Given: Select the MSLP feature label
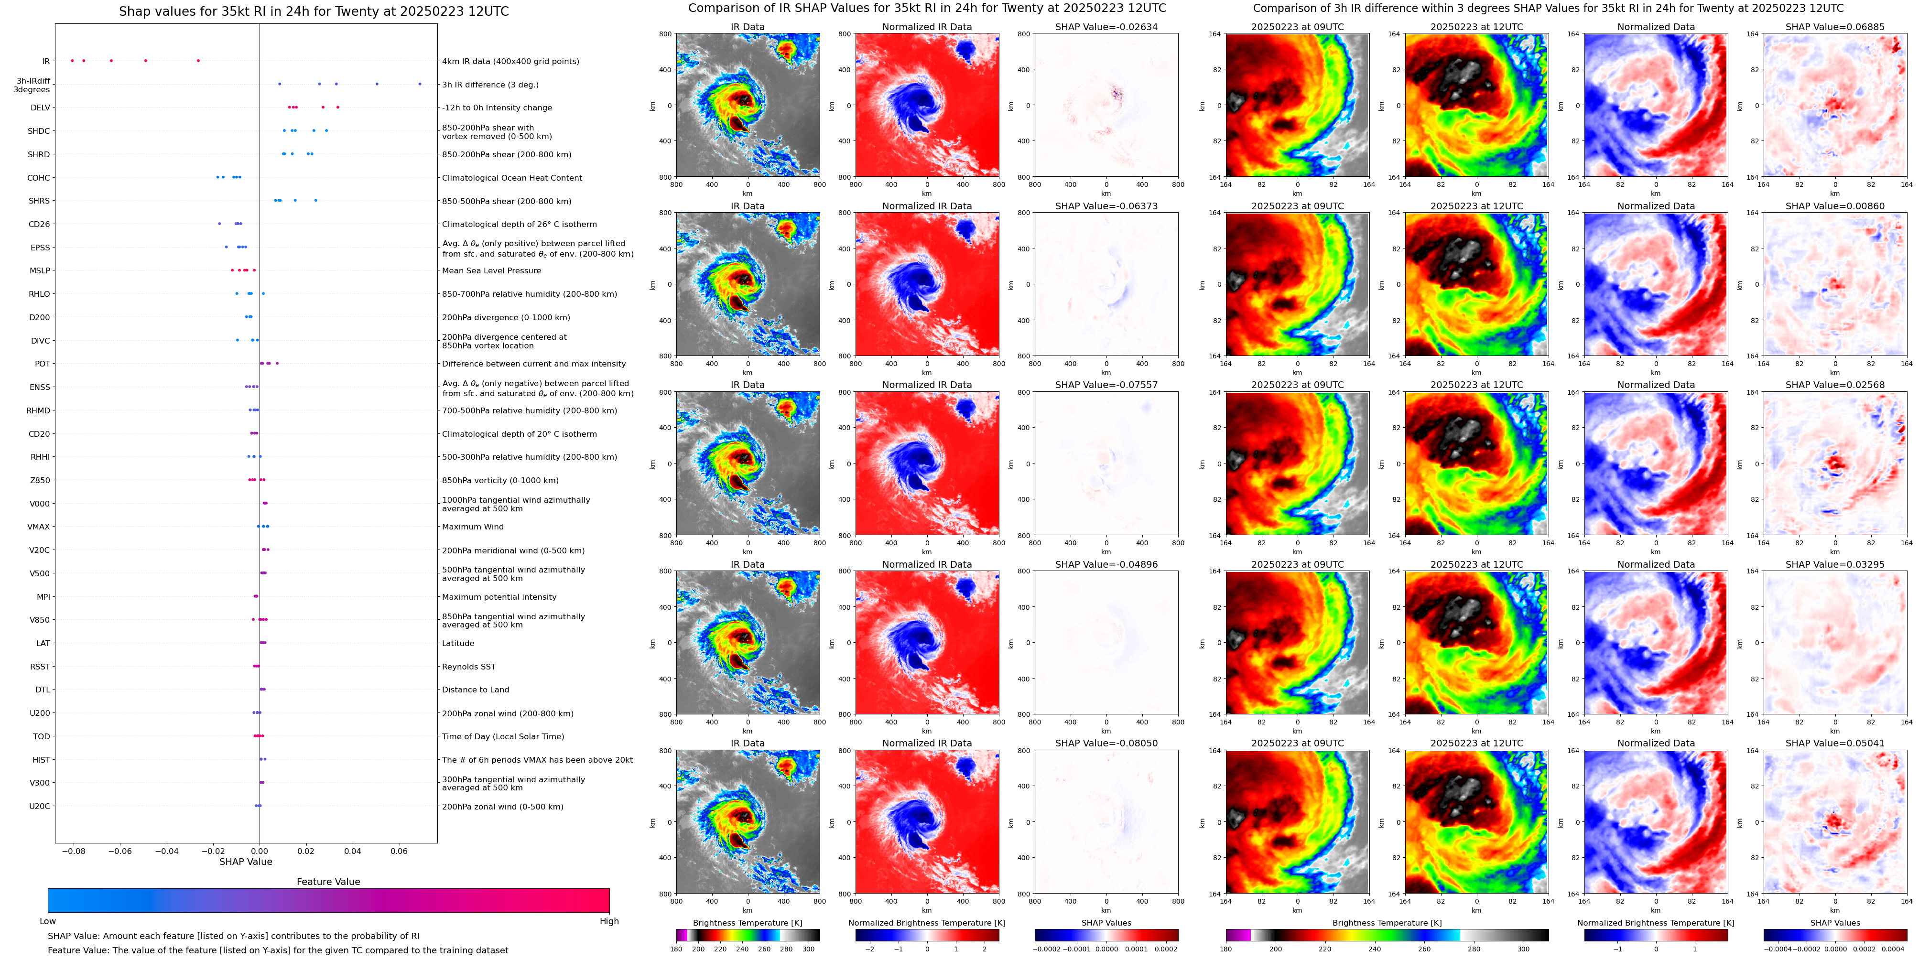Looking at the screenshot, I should pyautogui.click(x=40, y=271).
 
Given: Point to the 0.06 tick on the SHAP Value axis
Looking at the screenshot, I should pyautogui.click(x=399, y=851).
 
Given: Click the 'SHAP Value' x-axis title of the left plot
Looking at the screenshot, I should pyautogui.click(x=245, y=862).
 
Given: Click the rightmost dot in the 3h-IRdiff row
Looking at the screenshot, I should pyautogui.click(x=420, y=84).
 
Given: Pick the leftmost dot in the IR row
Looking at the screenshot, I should pyautogui.click(x=72, y=60).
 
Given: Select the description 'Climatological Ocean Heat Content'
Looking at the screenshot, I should pyautogui.click(x=512, y=178).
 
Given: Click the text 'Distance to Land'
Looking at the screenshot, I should pyautogui.click(x=475, y=690).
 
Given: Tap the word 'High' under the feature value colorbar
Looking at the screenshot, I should pyautogui.click(x=608, y=921).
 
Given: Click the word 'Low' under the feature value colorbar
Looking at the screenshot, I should pyautogui.click(x=48, y=921).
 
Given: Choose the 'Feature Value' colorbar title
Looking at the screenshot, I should pyautogui.click(x=328, y=882).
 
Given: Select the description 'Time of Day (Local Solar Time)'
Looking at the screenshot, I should pyautogui.click(x=503, y=736).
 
